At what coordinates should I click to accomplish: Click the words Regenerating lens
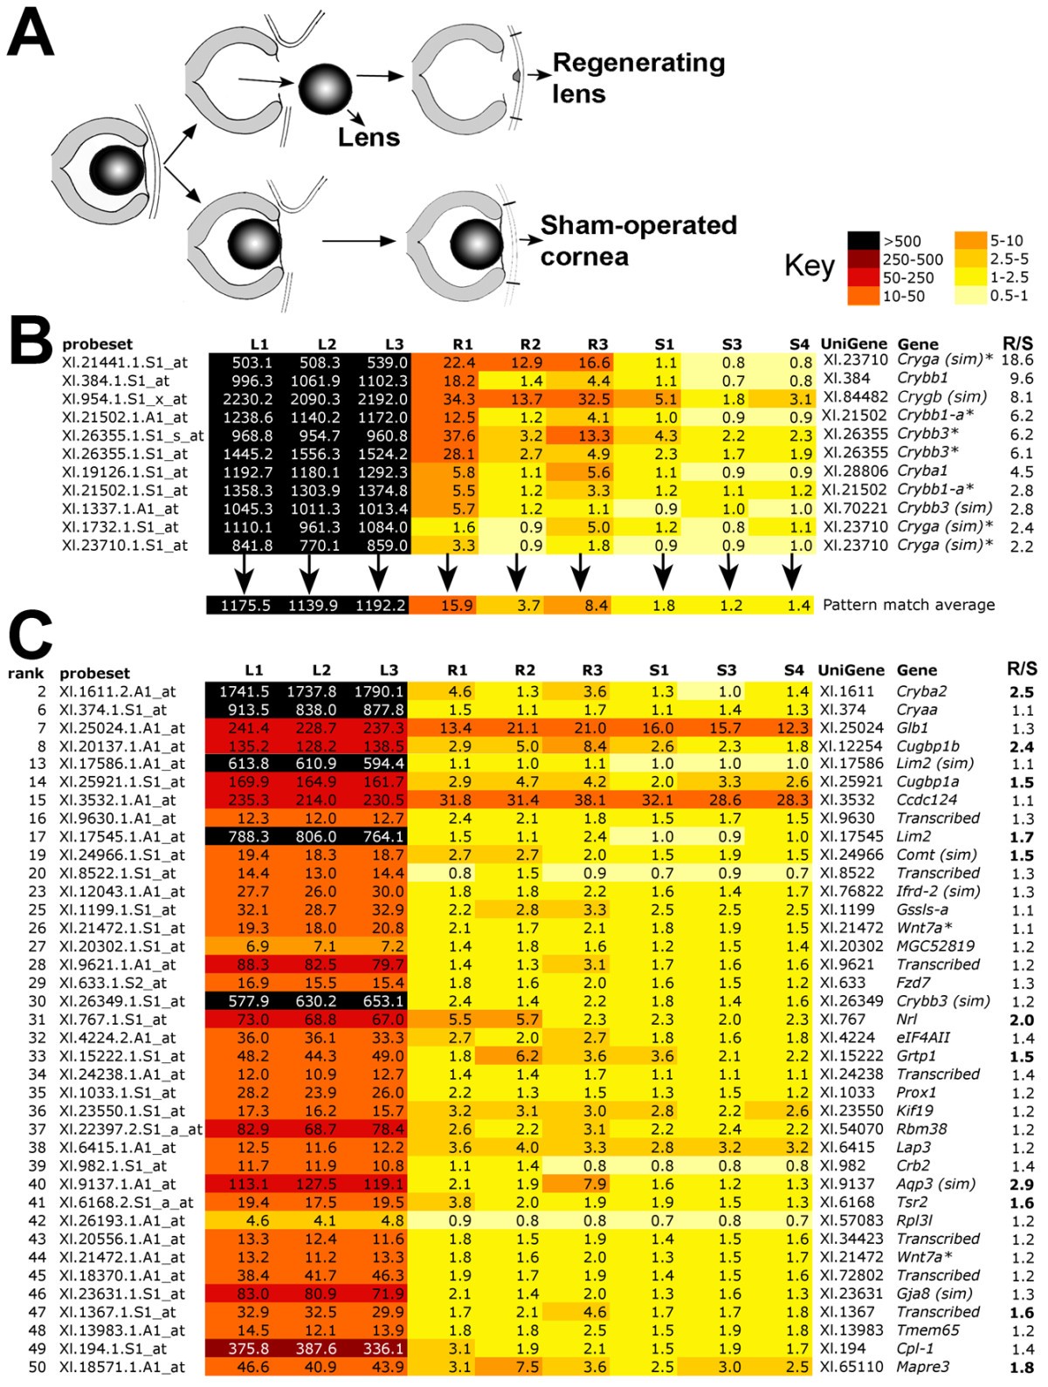point(638,78)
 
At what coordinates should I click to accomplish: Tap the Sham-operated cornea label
point(638,240)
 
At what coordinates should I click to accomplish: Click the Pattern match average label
point(908,604)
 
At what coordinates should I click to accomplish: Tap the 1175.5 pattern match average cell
point(245,605)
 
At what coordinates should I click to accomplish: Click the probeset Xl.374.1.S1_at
point(114,710)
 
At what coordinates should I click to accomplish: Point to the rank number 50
point(36,1367)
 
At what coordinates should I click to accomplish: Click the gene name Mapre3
point(923,1367)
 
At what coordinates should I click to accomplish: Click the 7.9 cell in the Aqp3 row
point(592,1184)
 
